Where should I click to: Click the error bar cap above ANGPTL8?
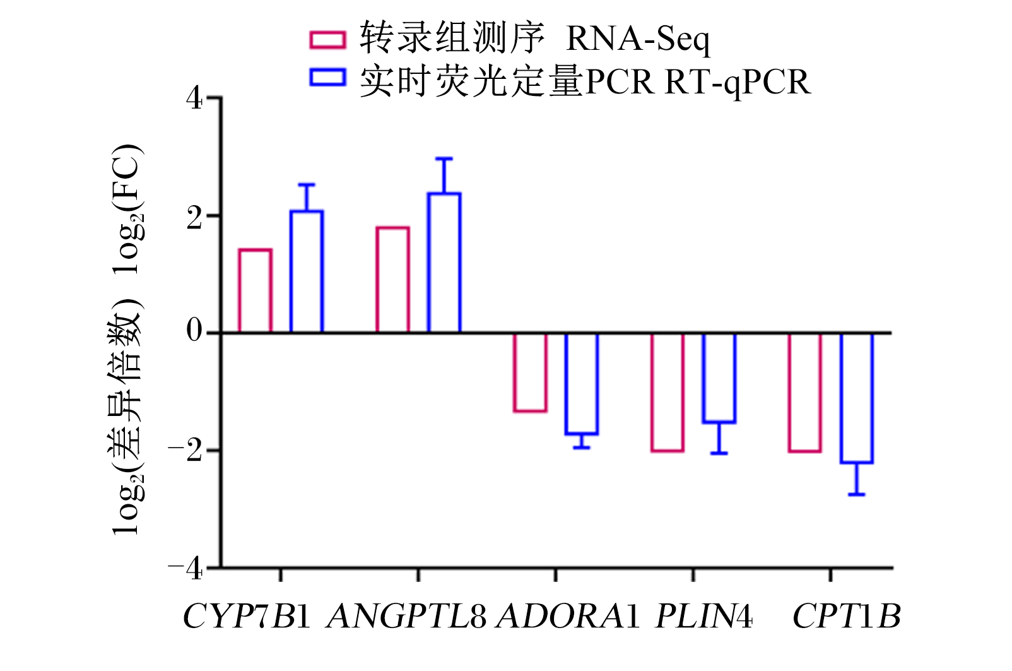(x=444, y=158)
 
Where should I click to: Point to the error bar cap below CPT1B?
(x=857, y=495)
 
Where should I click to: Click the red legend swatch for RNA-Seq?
(x=328, y=39)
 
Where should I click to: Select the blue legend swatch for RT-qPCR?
(x=328, y=77)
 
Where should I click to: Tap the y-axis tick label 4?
(x=194, y=98)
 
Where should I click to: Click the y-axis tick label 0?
(x=194, y=331)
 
